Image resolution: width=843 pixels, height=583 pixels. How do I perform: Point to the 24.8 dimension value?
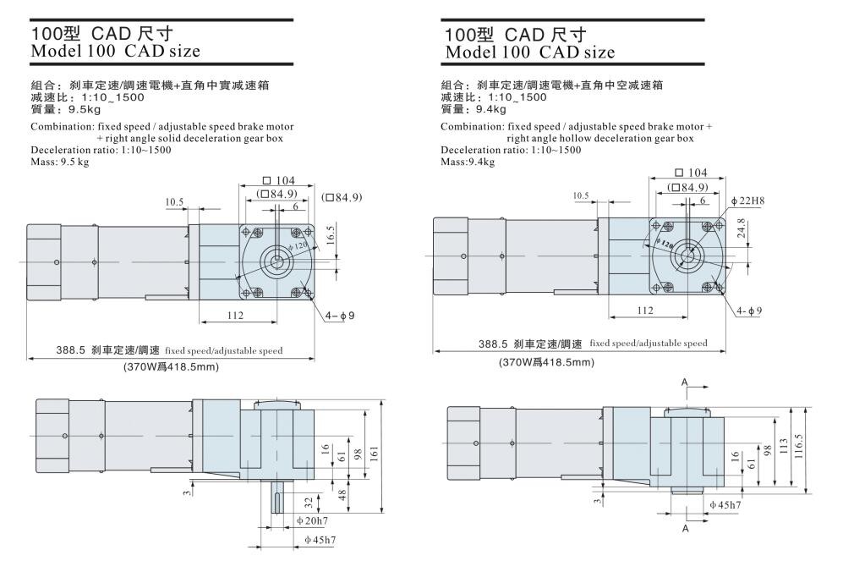click(742, 228)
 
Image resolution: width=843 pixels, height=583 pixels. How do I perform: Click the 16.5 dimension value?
click(331, 236)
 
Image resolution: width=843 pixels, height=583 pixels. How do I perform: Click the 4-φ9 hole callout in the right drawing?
click(748, 311)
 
